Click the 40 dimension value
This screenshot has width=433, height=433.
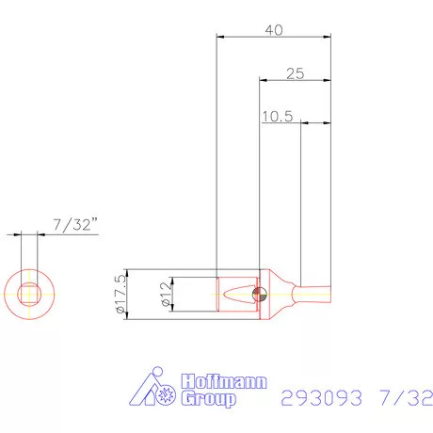[x=274, y=29]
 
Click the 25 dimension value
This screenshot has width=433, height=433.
[x=295, y=72]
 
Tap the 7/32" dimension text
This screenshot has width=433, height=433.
[x=76, y=224]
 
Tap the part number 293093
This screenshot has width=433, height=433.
[x=320, y=398]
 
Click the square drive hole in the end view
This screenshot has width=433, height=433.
[x=29, y=293]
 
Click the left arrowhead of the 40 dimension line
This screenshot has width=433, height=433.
[x=221, y=38]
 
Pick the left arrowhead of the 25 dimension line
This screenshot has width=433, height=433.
[x=265, y=81]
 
